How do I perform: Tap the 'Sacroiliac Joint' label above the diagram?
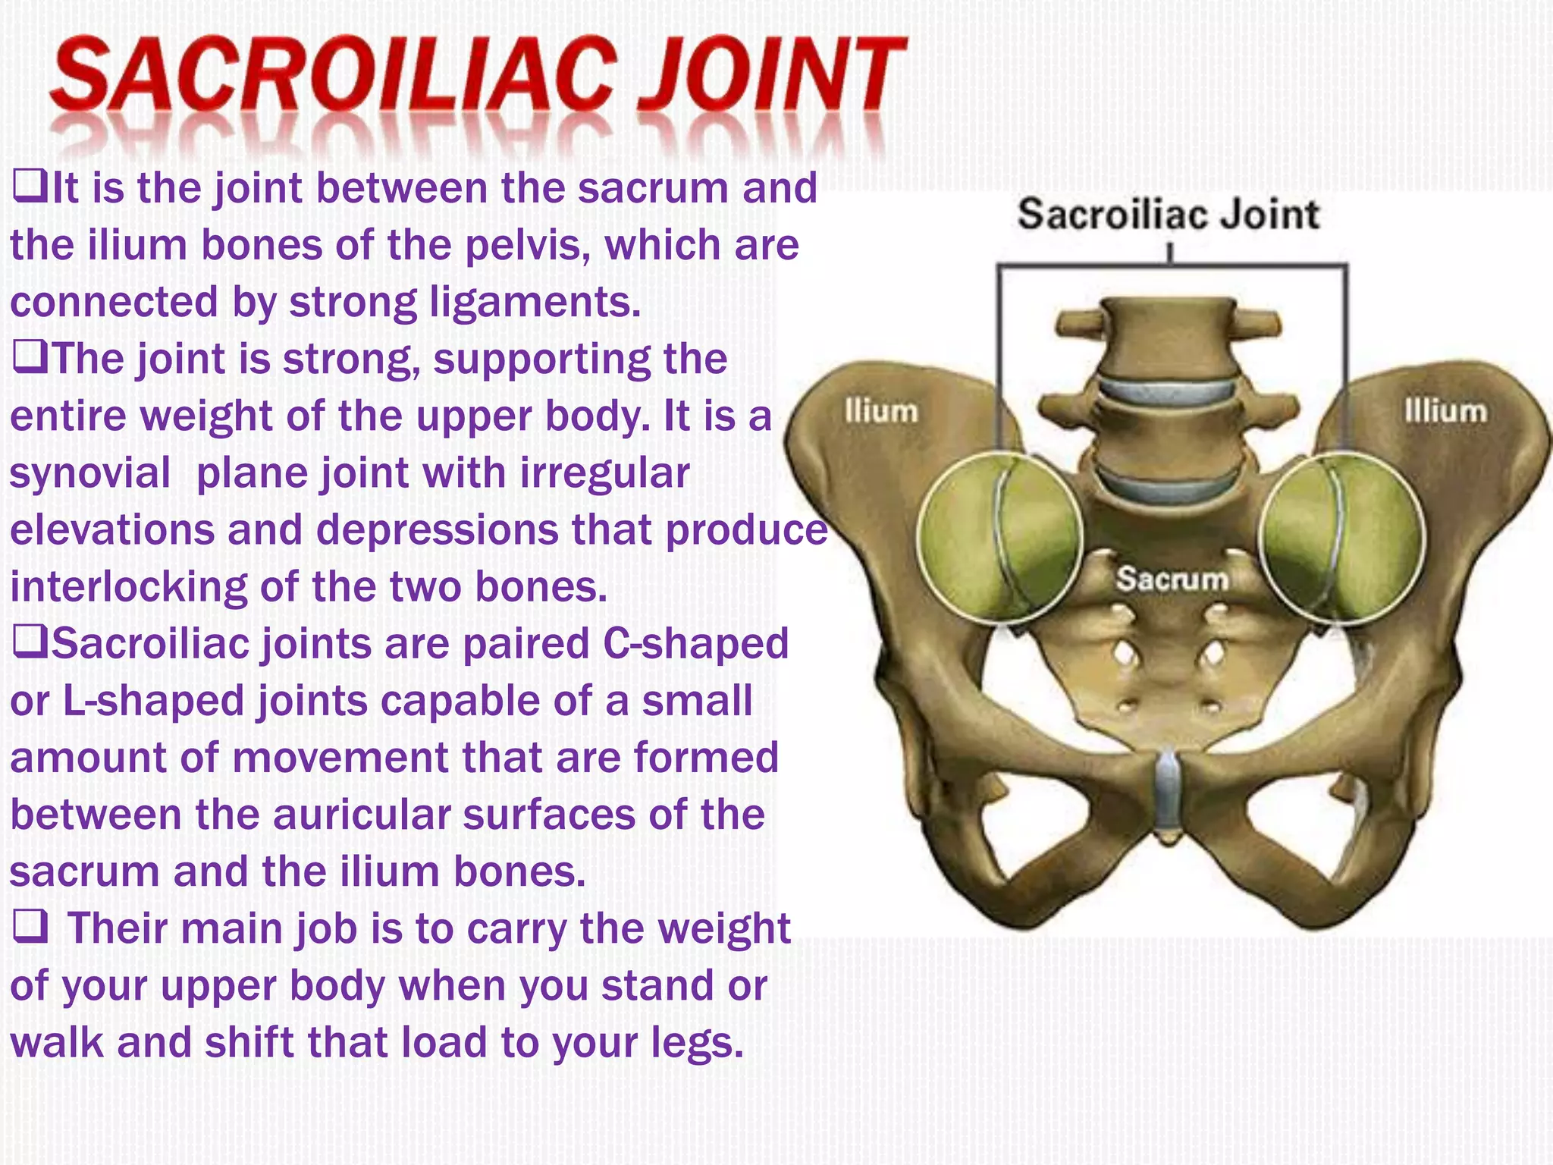(x=1168, y=214)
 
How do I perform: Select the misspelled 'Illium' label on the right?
(x=1445, y=411)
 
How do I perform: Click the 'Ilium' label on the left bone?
(x=881, y=411)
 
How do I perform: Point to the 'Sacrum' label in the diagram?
(x=1172, y=579)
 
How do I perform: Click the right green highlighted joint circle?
(x=1341, y=537)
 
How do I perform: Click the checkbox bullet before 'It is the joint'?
(x=29, y=187)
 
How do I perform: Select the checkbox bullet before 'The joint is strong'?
(x=29, y=358)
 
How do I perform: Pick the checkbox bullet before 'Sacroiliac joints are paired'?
(x=29, y=643)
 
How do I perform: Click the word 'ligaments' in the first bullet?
(x=535, y=302)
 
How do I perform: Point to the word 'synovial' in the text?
(x=89, y=473)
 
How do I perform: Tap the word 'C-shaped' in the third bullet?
(x=695, y=644)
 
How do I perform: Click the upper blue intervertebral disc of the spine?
(x=1168, y=389)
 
